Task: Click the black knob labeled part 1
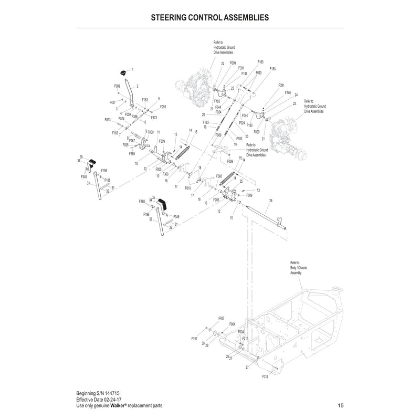(x=124, y=71)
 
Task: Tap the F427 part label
(x=113, y=102)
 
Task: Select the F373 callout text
(x=154, y=118)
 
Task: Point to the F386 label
(x=134, y=117)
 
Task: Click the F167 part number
(x=132, y=141)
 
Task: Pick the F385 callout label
(x=132, y=154)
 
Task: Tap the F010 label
(x=187, y=187)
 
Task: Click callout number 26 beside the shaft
(x=271, y=201)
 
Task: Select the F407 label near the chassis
(x=221, y=319)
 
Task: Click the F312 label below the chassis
(x=265, y=376)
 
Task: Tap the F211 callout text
(x=245, y=339)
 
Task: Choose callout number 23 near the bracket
(x=232, y=88)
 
